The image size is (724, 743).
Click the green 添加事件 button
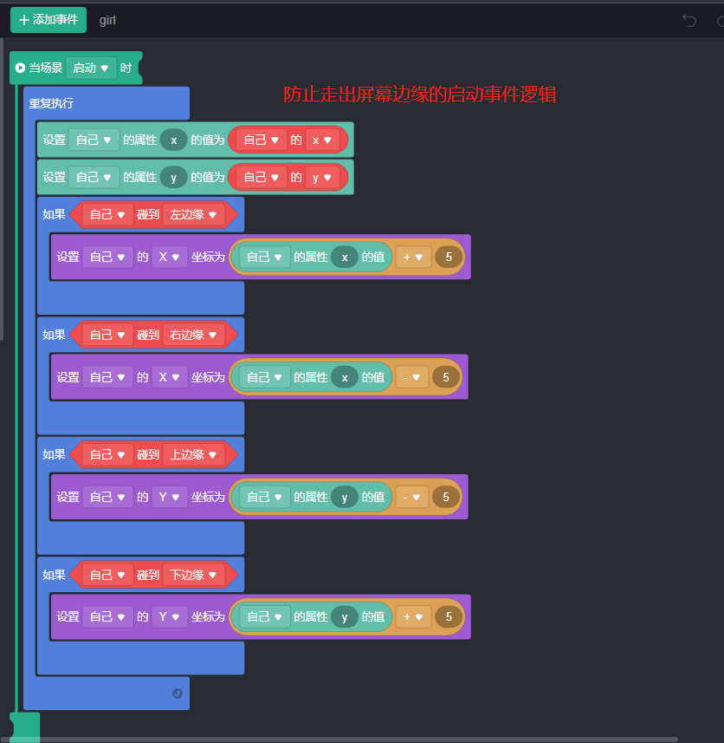pyautogui.click(x=48, y=20)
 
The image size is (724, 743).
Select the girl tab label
pyautogui.click(x=107, y=20)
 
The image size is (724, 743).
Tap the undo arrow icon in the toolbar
pyautogui.click(x=689, y=20)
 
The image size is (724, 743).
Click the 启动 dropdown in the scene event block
pyautogui.click(x=91, y=68)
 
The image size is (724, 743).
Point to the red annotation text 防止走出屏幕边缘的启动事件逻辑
pyautogui.click(x=419, y=95)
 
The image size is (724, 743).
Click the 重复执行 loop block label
pyautogui.click(x=52, y=103)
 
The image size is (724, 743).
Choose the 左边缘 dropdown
pyautogui.click(x=193, y=214)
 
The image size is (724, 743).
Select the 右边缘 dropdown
pyautogui.click(x=193, y=335)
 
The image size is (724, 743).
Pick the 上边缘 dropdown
pyautogui.click(x=193, y=454)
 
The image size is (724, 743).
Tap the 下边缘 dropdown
pyautogui.click(x=193, y=575)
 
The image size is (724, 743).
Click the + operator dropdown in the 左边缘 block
pyautogui.click(x=413, y=257)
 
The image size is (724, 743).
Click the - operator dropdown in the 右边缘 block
pyautogui.click(x=413, y=377)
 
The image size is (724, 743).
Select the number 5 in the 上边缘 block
pyautogui.click(x=446, y=497)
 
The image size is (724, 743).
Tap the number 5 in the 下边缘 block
pyautogui.click(x=448, y=617)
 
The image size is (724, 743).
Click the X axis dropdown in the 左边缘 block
pyautogui.click(x=170, y=257)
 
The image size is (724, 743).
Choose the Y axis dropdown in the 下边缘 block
pyautogui.click(x=170, y=617)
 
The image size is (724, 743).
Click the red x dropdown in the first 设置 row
pyautogui.click(x=321, y=140)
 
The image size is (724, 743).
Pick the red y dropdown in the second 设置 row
pyautogui.click(x=321, y=177)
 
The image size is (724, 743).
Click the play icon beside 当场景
pyautogui.click(x=20, y=68)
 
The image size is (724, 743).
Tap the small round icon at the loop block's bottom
pyautogui.click(x=178, y=693)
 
